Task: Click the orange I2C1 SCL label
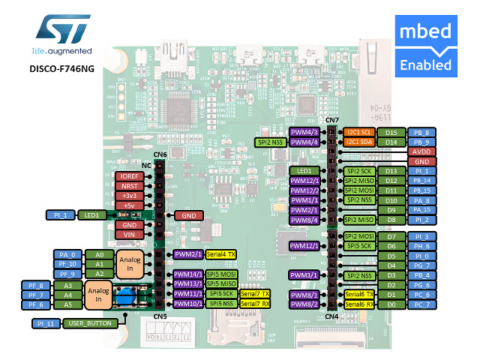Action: click(x=360, y=132)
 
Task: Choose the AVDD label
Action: click(x=421, y=151)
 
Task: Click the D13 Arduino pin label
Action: click(x=391, y=171)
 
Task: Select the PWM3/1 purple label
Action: click(x=305, y=275)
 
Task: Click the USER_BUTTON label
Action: click(x=89, y=323)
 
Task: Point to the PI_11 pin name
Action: click(x=46, y=323)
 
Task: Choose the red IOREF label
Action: click(x=128, y=176)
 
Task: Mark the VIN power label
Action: click(x=128, y=234)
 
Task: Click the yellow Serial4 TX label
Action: click(x=220, y=254)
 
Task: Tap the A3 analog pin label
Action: click(x=67, y=285)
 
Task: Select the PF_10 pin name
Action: click(x=67, y=264)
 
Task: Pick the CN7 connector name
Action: click(x=332, y=120)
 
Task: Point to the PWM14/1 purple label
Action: click(x=187, y=274)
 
